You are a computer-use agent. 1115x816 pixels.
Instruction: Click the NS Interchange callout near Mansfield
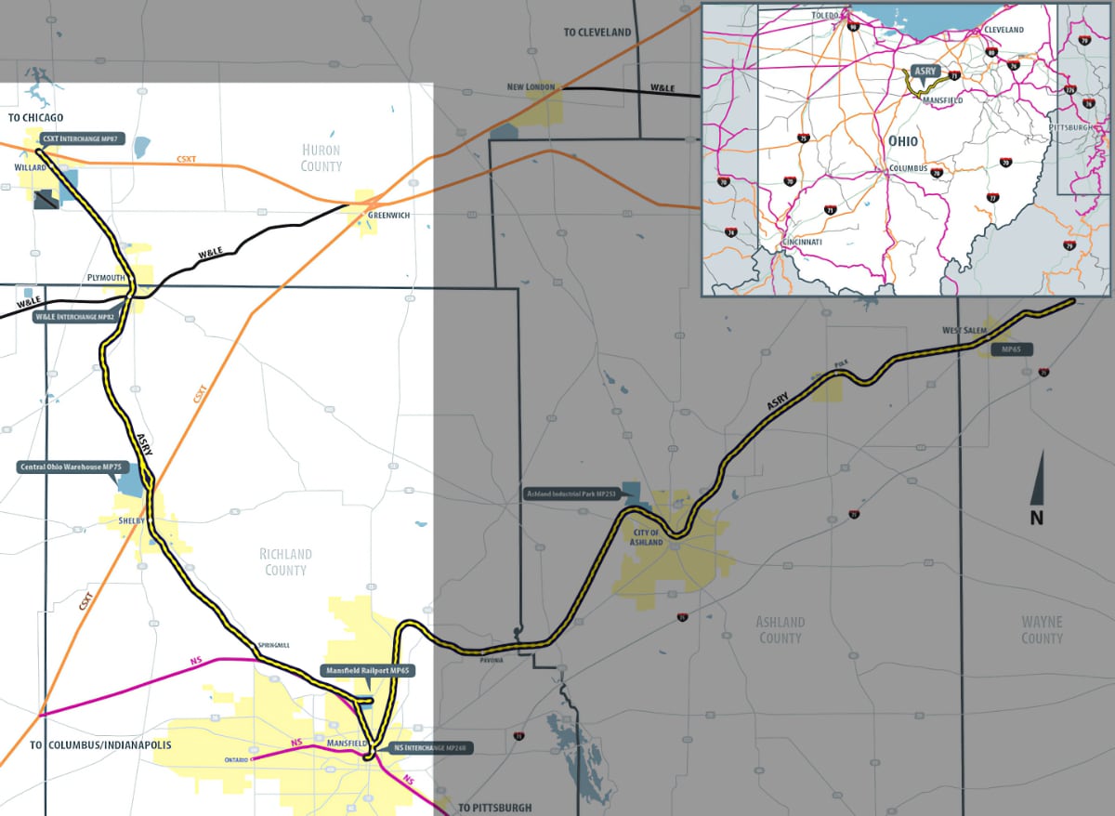click(428, 748)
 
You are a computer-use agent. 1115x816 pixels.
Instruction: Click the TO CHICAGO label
click(36, 117)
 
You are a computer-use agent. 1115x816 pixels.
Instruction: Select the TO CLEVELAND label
click(597, 33)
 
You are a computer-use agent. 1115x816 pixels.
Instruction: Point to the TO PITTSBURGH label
click(495, 807)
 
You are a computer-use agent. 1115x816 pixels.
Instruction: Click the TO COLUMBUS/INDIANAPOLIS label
click(100, 745)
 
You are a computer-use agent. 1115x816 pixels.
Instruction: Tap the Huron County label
click(321, 158)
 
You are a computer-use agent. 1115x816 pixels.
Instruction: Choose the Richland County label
click(285, 561)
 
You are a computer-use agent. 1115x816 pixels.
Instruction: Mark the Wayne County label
click(1042, 629)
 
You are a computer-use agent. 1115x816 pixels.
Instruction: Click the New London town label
click(531, 87)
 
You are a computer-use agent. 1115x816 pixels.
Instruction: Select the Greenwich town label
click(387, 215)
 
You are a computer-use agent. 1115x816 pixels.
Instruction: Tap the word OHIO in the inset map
click(901, 141)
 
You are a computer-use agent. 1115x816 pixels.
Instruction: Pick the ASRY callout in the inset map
click(924, 70)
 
